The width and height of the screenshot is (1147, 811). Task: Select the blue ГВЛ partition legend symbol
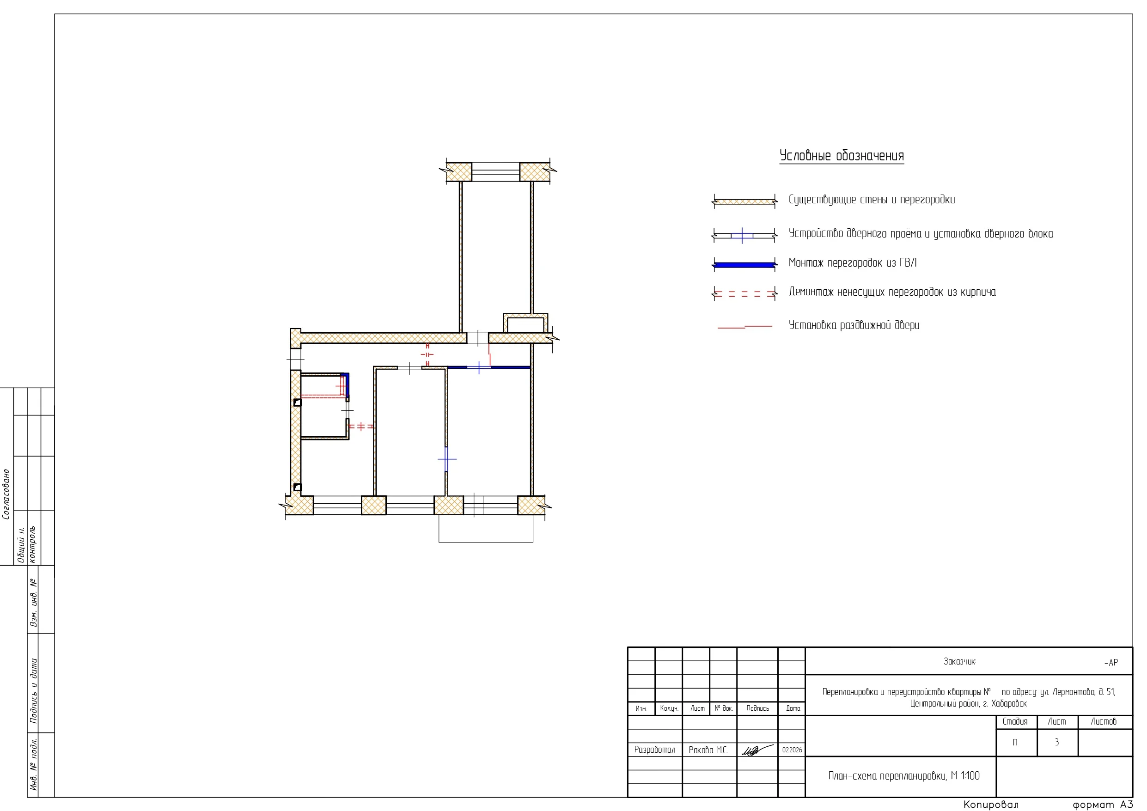(x=744, y=264)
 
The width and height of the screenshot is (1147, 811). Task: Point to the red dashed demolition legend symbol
(x=744, y=294)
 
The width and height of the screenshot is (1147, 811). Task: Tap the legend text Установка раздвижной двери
(x=854, y=325)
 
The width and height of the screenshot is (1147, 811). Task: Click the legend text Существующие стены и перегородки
(x=872, y=200)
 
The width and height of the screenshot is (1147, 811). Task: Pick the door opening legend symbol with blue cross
(x=744, y=235)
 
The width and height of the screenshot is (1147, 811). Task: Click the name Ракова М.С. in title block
(x=708, y=750)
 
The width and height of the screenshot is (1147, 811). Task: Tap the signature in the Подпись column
(x=757, y=750)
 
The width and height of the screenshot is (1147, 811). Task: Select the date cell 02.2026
(x=792, y=750)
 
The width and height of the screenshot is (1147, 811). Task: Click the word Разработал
(x=654, y=750)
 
